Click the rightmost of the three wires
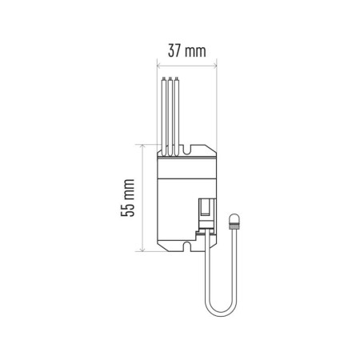click(x=176, y=112)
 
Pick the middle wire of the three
click(x=170, y=112)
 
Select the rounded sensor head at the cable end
click(x=234, y=219)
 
